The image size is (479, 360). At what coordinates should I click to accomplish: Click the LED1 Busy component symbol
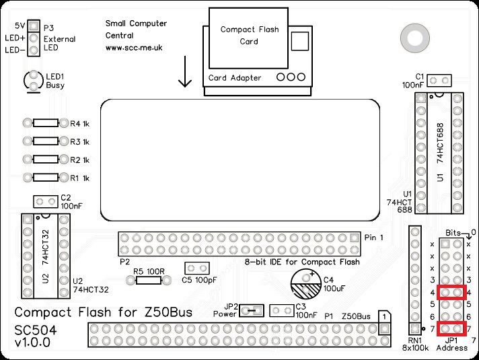[x=33, y=81]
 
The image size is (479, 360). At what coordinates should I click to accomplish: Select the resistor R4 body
[x=46, y=124]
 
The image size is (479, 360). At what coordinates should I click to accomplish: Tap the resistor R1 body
[x=46, y=178]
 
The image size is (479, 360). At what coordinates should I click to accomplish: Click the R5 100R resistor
[x=147, y=279]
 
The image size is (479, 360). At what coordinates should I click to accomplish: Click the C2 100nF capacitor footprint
[x=46, y=201]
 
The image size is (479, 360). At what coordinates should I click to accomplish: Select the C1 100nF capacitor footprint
[x=440, y=81]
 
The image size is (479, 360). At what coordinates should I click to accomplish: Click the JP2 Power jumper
[x=252, y=310]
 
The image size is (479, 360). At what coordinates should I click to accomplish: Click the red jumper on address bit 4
[x=451, y=292]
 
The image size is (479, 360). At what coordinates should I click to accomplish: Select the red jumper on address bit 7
[x=451, y=328]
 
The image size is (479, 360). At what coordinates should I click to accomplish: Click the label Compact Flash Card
[x=248, y=36]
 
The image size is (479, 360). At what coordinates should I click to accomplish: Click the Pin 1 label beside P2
[x=374, y=238]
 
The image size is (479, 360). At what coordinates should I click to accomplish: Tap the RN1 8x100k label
[x=414, y=344]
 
